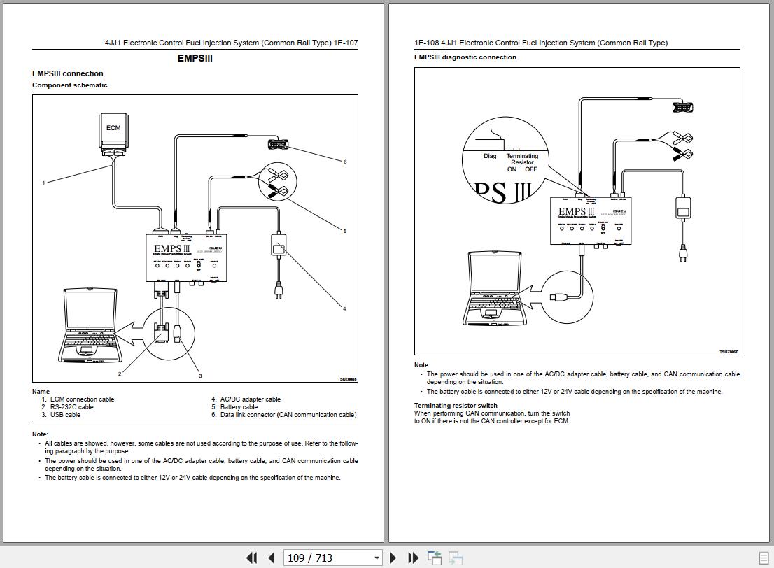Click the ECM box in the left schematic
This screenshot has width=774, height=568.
pyautogui.click(x=113, y=129)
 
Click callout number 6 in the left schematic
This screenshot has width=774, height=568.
pyautogui.click(x=345, y=162)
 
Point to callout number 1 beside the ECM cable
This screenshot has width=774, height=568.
pyautogui.click(x=43, y=183)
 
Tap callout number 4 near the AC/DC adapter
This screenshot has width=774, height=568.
pyautogui.click(x=344, y=308)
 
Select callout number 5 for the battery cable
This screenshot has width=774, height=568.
pyautogui.click(x=345, y=231)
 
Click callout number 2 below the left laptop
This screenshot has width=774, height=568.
pyautogui.click(x=120, y=374)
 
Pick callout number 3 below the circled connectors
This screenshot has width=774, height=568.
pyautogui.click(x=200, y=376)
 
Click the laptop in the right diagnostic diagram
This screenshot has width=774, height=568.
pyautogui.click(x=494, y=290)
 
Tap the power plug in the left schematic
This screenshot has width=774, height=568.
pyautogui.click(x=279, y=290)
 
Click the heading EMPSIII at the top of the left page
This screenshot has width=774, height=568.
pyautogui.click(x=195, y=58)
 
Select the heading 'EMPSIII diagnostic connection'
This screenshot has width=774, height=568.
pyautogui.click(x=465, y=57)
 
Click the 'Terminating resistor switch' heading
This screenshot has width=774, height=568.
pyautogui.click(x=456, y=405)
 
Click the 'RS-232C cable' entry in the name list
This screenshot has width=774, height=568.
pyautogui.click(x=71, y=407)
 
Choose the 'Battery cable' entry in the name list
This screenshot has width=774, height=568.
pyautogui.click(x=239, y=407)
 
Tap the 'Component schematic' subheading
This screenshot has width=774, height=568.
pyautogui.click(x=70, y=85)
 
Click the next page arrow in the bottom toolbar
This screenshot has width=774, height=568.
pyautogui.click(x=393, y=558)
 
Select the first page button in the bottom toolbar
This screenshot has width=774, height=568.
pyautogui.click(x=251, y=558)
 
